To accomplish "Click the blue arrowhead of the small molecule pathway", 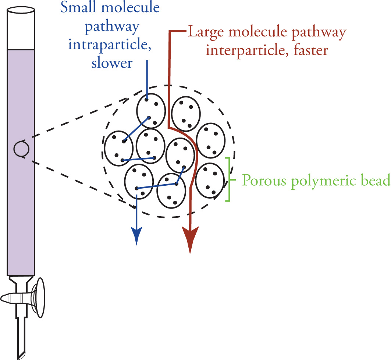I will tap(136, 235).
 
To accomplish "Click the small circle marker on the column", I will tap(21, 149).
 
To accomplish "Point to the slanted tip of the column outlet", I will tap(22, 353).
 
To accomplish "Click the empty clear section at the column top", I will tap(22, 29).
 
